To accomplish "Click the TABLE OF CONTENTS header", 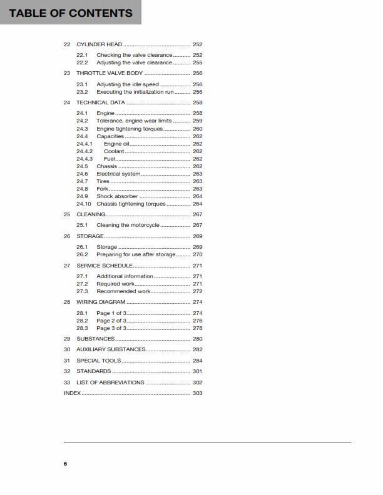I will click(71, 12).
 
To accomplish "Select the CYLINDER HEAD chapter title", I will click(99, 45).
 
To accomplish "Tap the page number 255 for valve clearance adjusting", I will click(197, 63).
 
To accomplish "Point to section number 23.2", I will click(82, 92).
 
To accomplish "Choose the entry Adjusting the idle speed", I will click(128, 84).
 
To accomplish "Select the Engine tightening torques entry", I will click(130, 129).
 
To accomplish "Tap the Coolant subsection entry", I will click(114, 151).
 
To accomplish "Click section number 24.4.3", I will click(84, 159).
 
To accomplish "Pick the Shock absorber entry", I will click(117, 196).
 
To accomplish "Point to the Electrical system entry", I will click(118, 174).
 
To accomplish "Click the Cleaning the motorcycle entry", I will click(128, 225).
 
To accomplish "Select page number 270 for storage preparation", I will click(197, 254).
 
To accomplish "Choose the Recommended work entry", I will click(123, 291).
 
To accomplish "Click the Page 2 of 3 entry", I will click(111, 321).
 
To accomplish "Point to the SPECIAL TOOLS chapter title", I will click(99, 361).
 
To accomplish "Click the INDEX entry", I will click(72, 393).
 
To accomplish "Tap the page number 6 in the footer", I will click(65, 464).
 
